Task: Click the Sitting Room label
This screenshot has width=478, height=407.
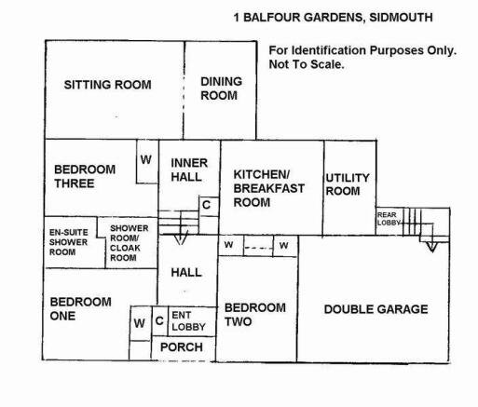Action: pos(107,85)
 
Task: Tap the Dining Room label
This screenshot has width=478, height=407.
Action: pos(221,88)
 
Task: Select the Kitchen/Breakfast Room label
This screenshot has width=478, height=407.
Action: pos(268,188)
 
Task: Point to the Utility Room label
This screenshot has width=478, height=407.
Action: pos(348,184)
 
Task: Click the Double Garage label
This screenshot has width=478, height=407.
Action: pos(376,309)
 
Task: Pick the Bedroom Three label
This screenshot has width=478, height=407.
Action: pos(85,176)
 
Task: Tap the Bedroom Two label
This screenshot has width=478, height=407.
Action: pos(255,315)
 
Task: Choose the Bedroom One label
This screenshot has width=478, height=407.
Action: pos(80,308)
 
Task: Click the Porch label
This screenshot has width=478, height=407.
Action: pos(182,347)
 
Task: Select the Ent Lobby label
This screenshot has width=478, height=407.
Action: pos(188,321)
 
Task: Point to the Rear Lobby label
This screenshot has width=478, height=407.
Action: pos(389,219)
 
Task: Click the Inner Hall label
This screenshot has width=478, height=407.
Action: pos(189,170)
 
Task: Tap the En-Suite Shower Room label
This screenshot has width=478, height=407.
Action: pos(68,242)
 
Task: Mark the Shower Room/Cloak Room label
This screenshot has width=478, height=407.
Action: pos(129,243)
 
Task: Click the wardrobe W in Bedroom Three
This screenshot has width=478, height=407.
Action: pos(145,159)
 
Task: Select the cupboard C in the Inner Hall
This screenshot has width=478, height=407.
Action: pos(206,205)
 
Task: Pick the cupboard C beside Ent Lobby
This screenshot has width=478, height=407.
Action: pos(159,320)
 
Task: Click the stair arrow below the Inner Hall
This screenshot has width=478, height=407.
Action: pos(181,237)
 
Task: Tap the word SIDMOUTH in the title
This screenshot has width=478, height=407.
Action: pos(401,18)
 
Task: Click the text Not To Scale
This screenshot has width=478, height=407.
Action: pos(307,64)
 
